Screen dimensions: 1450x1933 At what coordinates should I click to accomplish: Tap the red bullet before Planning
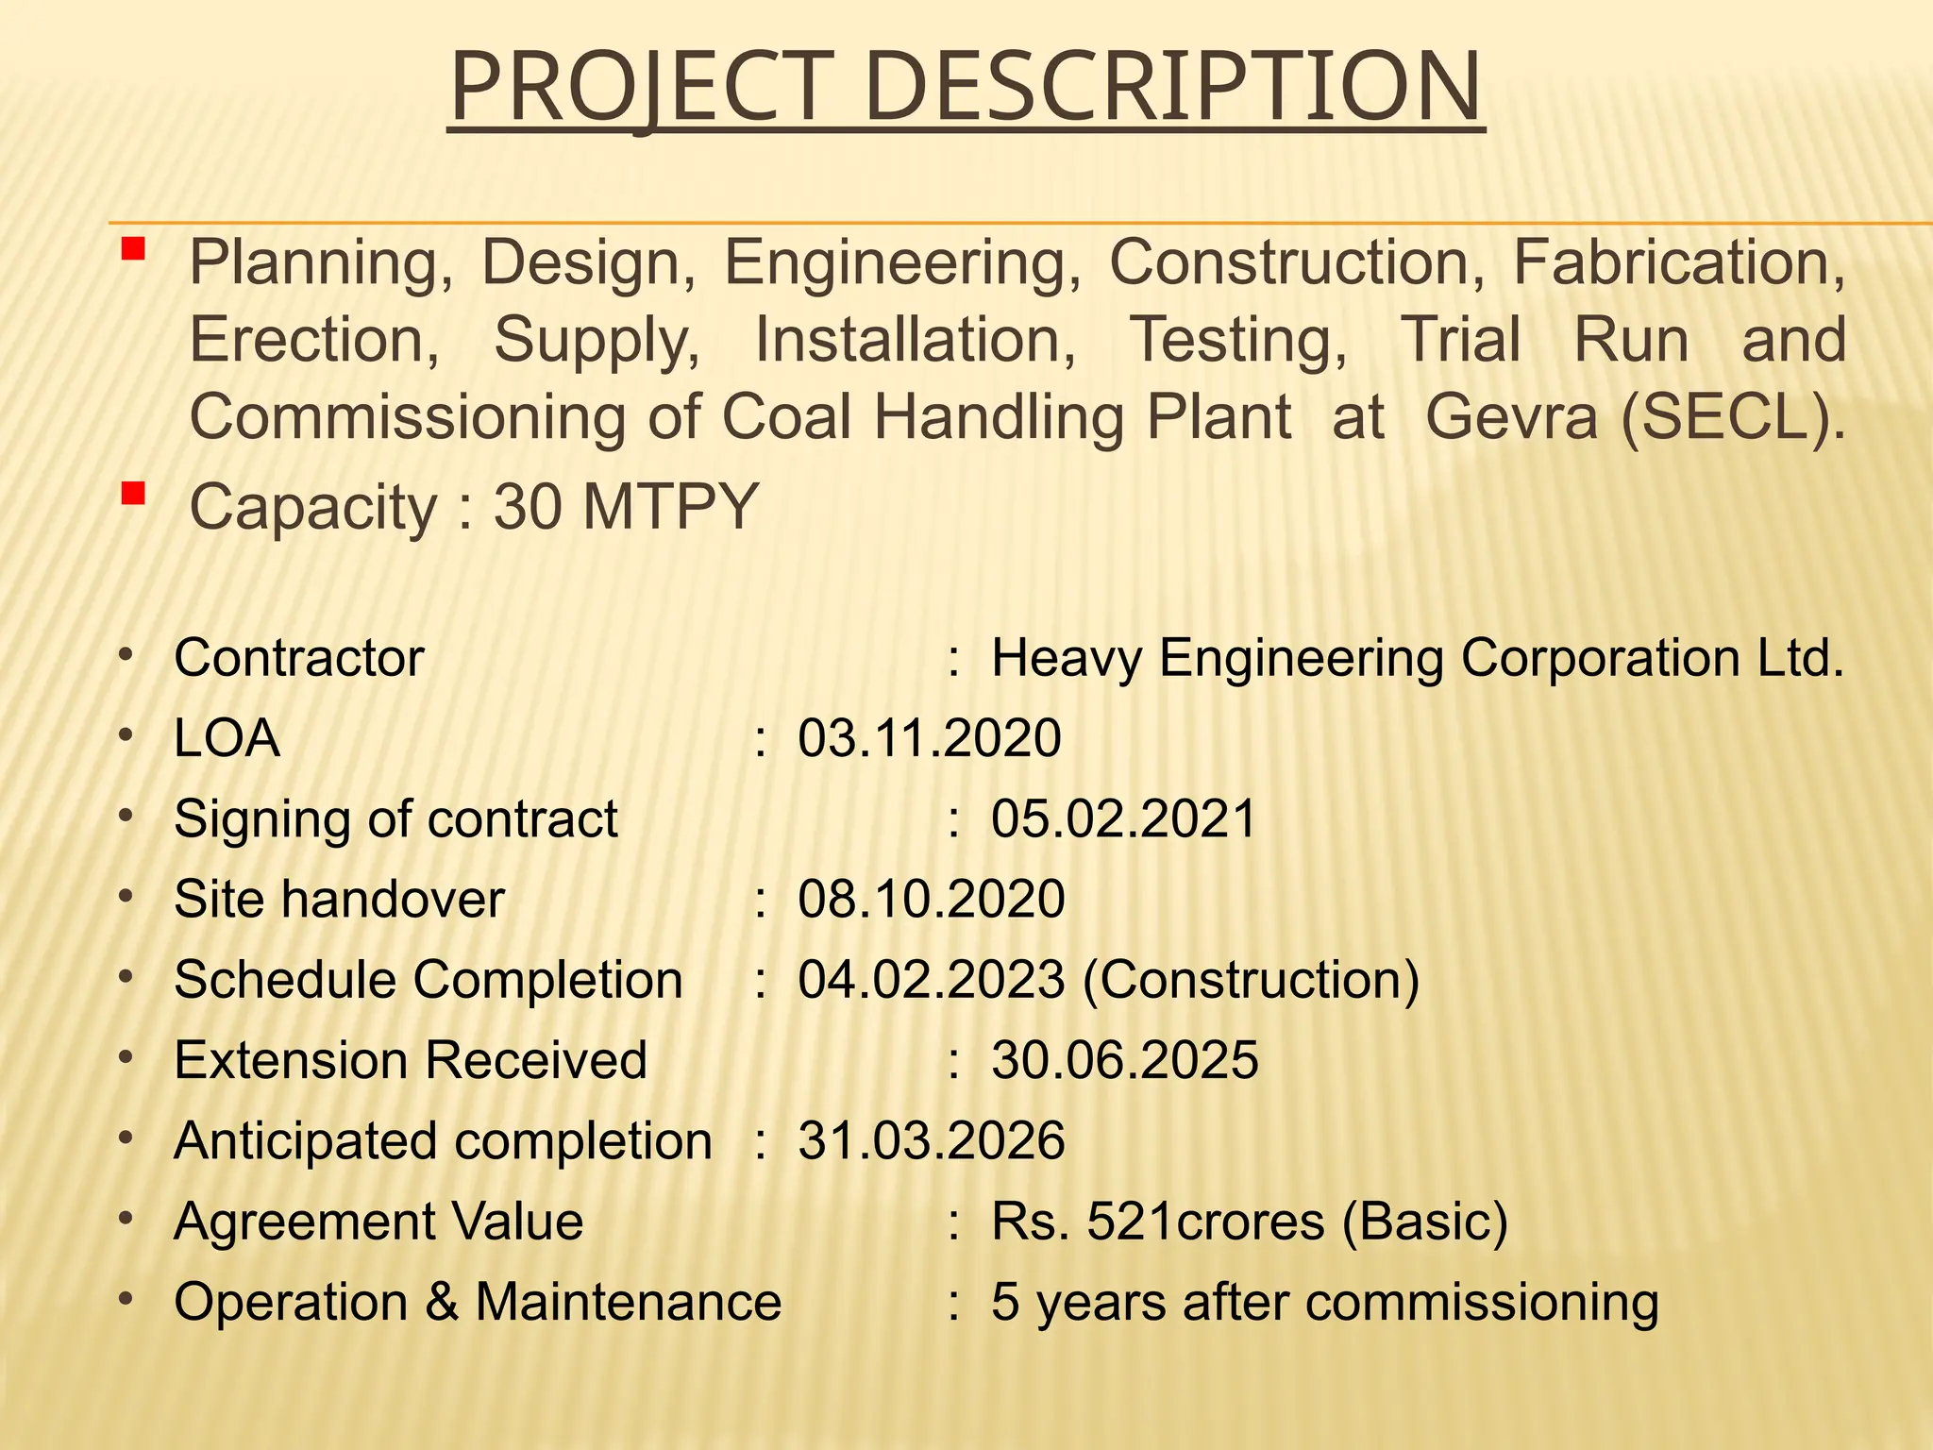pos(132,249)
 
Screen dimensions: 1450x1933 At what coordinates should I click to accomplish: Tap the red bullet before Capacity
pos(132,493)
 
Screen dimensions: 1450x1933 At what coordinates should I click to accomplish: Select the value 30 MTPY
pos(626,507)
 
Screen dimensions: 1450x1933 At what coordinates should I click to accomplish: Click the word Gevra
pos(1511,416)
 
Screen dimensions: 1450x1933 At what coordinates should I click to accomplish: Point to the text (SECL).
pos(1733,416)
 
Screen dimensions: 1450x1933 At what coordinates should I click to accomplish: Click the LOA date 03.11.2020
pos(930,738)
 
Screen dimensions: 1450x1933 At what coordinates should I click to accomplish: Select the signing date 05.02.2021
pos(1123,818)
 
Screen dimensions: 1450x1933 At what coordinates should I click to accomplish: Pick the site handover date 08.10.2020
pos(932,899)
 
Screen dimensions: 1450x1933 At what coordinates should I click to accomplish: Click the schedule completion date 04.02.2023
pos(932,980)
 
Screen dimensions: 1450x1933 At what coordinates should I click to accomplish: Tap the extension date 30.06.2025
pos(1124,1060)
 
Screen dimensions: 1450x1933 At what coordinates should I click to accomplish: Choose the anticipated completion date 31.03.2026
pos(932,1140)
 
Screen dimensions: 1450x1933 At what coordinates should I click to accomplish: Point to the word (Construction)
pos(1251,980)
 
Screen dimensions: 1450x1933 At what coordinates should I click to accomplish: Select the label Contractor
pos(299,658)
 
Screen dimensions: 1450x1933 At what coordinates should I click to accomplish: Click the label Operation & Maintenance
pos(478,1302)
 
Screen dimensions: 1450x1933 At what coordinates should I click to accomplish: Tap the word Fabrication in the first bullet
pos(1679,261)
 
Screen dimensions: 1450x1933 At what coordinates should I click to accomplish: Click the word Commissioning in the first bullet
pos(407,416)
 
